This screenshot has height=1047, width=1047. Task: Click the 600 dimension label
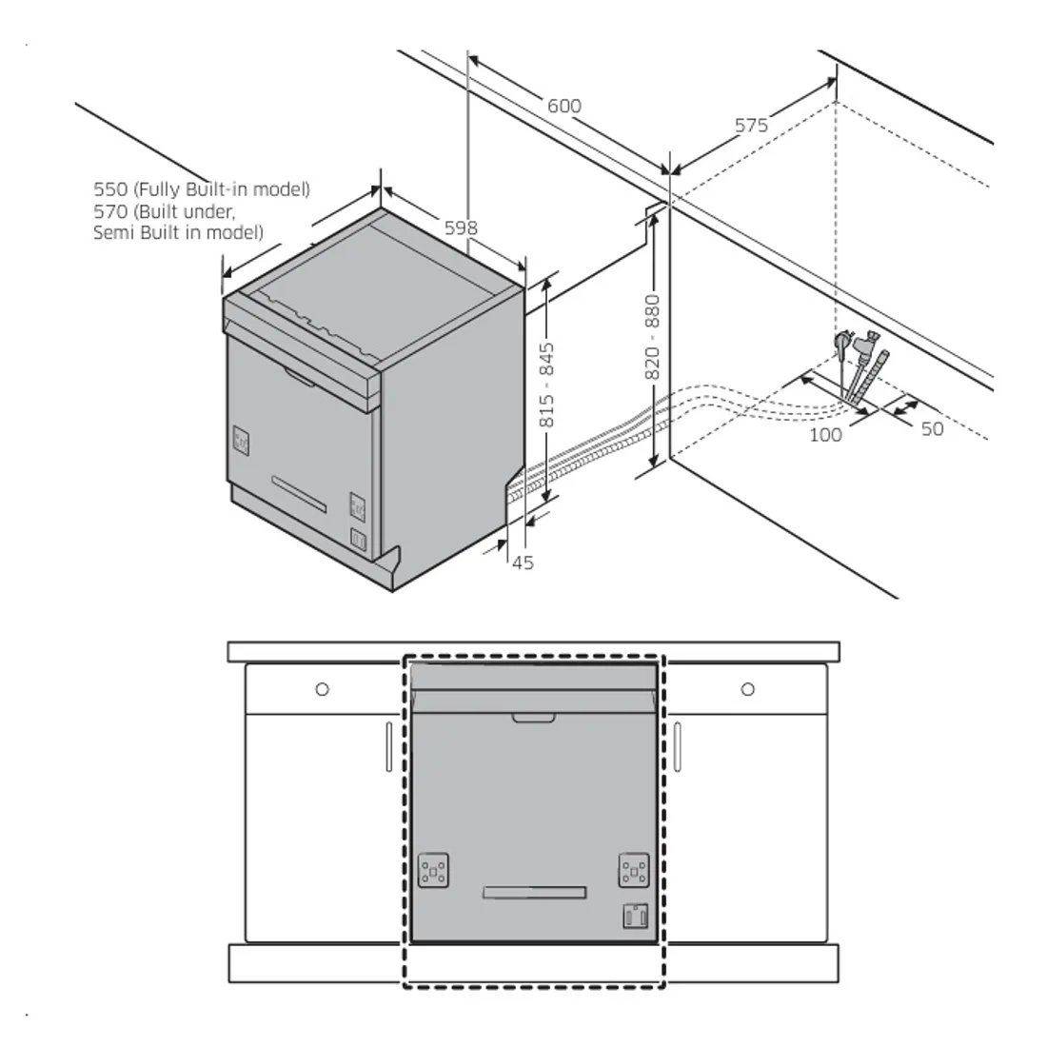coord(563,106)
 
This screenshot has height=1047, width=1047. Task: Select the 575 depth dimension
coord(751,125)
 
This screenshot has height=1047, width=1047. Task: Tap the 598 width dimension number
coord(461,228)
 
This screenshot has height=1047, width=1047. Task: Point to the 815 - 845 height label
coord(546,385)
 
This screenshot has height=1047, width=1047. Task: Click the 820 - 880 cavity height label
coord(653,337)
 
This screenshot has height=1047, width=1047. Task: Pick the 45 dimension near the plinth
coord(523,563)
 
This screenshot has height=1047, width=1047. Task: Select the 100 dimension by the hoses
coord(825,434)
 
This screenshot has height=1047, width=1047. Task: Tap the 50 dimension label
coord(933,428)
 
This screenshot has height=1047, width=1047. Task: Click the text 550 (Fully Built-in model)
coord(202,189)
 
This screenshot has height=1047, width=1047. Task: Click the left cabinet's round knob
coord(322,689)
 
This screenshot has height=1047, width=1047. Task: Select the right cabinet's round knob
coord(748,689)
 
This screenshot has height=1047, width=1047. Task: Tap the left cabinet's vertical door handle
coord(389,746)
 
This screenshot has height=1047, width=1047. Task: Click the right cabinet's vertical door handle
coord(677,746)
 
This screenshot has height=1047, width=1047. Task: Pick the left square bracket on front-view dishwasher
coord(434,870)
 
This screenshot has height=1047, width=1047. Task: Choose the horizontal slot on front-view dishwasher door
coord(534,891)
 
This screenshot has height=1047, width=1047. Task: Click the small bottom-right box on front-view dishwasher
coord(635,916)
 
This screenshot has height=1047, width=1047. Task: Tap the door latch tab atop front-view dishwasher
coord(534,716)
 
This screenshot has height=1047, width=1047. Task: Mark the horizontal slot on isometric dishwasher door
coord(299,492)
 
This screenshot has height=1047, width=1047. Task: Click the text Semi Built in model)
coord(178,232)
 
